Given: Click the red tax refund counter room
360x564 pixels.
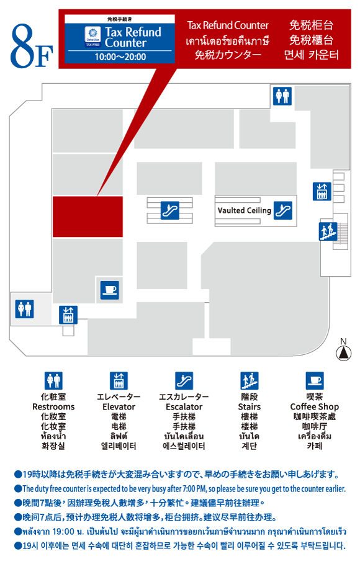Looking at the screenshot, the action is pyautogui.click(x=88, y=217).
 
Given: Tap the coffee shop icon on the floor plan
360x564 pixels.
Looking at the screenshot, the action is pyautogui.click(x=109, y=290).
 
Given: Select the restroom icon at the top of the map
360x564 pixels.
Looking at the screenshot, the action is pyautogui.click(x=282, y=96).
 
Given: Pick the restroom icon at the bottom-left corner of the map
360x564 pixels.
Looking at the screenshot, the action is pyautogui.click(x=24, y=309).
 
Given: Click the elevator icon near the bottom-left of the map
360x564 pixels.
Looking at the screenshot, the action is pyautogui.click(x=68, y=315).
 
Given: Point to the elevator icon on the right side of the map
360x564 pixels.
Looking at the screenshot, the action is pyautogui.click(x=322, y=191).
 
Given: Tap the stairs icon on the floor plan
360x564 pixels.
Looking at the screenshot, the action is pyautogui.click(x=328, y=231).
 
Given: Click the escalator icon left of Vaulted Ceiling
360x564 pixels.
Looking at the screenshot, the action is pyautogui.click(x=169, y=210).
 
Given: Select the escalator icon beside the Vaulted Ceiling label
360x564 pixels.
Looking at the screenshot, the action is pyautogui.click(x=283, y=210).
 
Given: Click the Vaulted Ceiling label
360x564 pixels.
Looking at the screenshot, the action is pyautogui.click(x=245, y=210).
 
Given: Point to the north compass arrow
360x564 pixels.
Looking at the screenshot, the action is pyautogui.click(x=343, y=353).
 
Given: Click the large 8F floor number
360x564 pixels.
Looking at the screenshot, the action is pyautogui.click(x=32, y=46).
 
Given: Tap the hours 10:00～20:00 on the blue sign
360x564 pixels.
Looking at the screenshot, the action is pyautogui.click(x=120, y=57).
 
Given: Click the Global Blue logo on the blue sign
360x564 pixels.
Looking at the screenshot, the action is pyautogui.click(x=92, y=37).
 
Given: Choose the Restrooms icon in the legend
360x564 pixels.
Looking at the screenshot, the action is pyautogui.click(x=53, y=380).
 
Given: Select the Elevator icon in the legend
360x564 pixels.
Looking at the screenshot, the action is pyautogui.click(x=119, y=380).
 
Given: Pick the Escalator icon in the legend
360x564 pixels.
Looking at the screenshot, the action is pyautogui.click(x=184, y=380).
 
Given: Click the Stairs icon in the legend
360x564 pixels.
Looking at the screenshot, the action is pyautogui.click(x=250, y=380).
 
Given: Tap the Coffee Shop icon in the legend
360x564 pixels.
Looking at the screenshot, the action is pyautogui.click(x=315, y=380).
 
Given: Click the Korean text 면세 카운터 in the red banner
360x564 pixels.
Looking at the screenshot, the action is pyautogui.click(x=312, y=55).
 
